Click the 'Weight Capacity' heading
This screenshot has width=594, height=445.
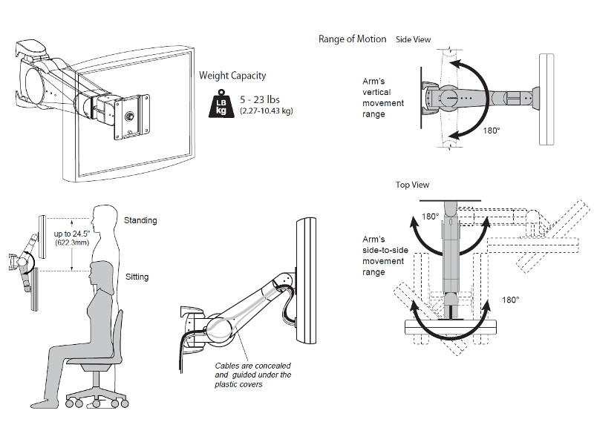[232, 76]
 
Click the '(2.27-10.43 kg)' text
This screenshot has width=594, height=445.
[265, 111]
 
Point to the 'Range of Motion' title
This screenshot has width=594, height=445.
[352, 39]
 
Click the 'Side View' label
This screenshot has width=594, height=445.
[414, 40]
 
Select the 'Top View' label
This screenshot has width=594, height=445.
[412, 185]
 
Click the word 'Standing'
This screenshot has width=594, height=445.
[140, 220]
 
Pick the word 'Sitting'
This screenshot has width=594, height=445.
[137, 277]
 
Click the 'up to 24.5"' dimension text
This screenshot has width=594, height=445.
[73, 234]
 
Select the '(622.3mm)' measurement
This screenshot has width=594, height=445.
[73, 243]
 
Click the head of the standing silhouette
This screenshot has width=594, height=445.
[105, 218]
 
